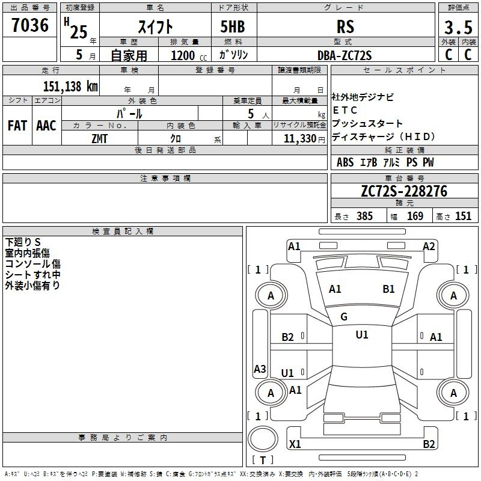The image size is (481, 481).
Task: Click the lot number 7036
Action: pyautogui.click(x=30, y=25)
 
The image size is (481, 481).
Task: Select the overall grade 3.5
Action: pyautogui.click(x=458, y=27)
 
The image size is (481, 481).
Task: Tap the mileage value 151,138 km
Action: pyautogui.click(x=70, y=86)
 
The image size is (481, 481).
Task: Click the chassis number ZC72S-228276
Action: pyautogui.click(x=404, y=191)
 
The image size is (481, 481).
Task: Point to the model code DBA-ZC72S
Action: pyautogui.click(x=345, y=55)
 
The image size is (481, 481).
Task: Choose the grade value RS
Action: pyautogui.click(x=345, y=26)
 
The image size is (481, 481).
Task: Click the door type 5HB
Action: pyautogui.click(x=233, y=26)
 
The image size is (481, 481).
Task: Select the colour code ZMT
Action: pyautogui.click(x=100, y=139)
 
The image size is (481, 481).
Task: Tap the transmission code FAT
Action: pyautogui.click(x=17, y=126)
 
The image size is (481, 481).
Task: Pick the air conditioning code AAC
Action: pyautogui.click(x=46, y=126)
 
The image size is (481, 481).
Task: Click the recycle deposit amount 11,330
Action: pyautogui.click(x=299, y=139)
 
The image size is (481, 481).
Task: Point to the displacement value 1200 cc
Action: pyautogui.click(x=189, y=55)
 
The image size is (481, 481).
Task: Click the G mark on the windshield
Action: pyautogui.click(x=344, y=317)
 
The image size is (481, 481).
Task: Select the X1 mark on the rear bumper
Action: pyautogui.click(x=295, y=444)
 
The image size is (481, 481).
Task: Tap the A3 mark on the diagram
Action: pyautogui.click(x=260, y=369)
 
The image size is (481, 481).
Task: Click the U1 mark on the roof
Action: pyautogui.click(x=362, y=335)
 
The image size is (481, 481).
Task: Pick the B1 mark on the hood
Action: pyautogui.click(x=388, y=289)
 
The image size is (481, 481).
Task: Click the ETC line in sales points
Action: pyautogui.click(x=345, y=110)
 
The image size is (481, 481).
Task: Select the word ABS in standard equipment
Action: pyautogui.click(x=345, y=162)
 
